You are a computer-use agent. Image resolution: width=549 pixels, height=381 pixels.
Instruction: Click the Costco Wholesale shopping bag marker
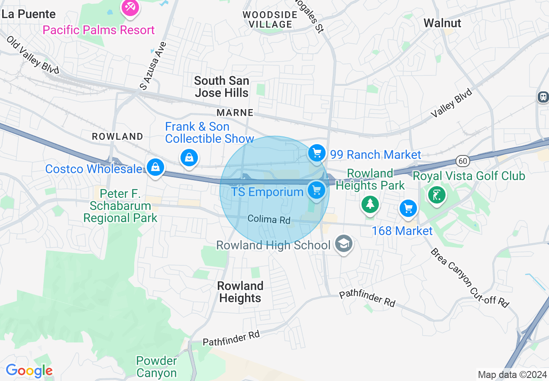(x=155, y=167)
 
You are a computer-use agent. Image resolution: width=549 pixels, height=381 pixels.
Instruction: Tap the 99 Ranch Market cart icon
(x=317, y=153)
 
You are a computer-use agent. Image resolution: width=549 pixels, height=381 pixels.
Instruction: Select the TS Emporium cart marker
(x=316, y=190)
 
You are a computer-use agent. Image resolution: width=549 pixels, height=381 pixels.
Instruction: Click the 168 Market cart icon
(x=408, y=209)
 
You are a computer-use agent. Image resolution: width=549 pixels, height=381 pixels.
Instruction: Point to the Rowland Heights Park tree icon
(x=370, y=203)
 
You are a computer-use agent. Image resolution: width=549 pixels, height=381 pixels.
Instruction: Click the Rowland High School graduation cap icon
(x=343, y=244)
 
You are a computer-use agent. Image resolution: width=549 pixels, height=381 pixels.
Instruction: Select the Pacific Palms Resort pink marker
(x=130, y=7)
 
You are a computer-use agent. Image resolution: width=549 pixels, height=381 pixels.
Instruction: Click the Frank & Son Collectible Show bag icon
(x=189, y=157)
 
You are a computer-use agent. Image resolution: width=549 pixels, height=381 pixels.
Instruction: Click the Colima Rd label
(x=269, y=220)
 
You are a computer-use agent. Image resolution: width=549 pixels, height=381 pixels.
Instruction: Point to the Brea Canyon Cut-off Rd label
(x=469, y=278)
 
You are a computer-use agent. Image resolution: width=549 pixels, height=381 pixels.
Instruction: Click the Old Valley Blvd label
(x=32, y=55)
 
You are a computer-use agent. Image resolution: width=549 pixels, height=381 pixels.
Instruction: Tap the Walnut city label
(x=442, y=23)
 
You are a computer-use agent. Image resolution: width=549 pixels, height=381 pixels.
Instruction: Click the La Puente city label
(x=29, y=14)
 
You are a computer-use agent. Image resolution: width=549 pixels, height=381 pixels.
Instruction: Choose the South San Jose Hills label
(x=222, y=87)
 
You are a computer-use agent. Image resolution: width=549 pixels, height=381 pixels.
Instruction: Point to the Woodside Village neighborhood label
(x=270, y=19)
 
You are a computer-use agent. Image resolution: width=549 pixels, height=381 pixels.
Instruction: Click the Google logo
(x=29, y=371)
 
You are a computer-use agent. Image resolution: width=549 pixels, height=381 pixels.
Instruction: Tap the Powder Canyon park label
(x=156, y=367)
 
